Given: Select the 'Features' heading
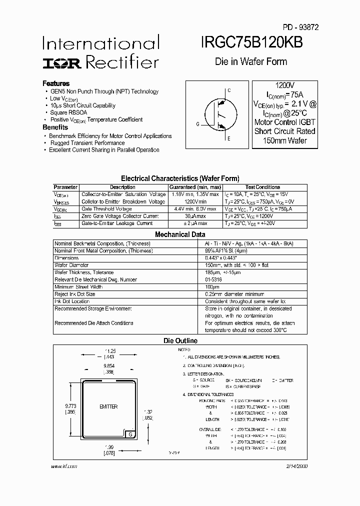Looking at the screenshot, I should (56, 83).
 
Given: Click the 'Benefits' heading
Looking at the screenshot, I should (55, 127).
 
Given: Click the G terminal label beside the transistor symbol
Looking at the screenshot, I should (197, 124).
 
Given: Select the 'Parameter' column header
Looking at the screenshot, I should (65, 187).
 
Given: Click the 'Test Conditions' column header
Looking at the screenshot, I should (263, 187).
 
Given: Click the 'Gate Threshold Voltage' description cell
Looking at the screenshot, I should (106, 209).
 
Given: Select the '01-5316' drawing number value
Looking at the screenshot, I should (213, 279).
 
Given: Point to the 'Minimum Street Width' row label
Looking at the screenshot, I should (78, 287).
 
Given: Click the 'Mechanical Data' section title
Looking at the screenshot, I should (180, 234).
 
